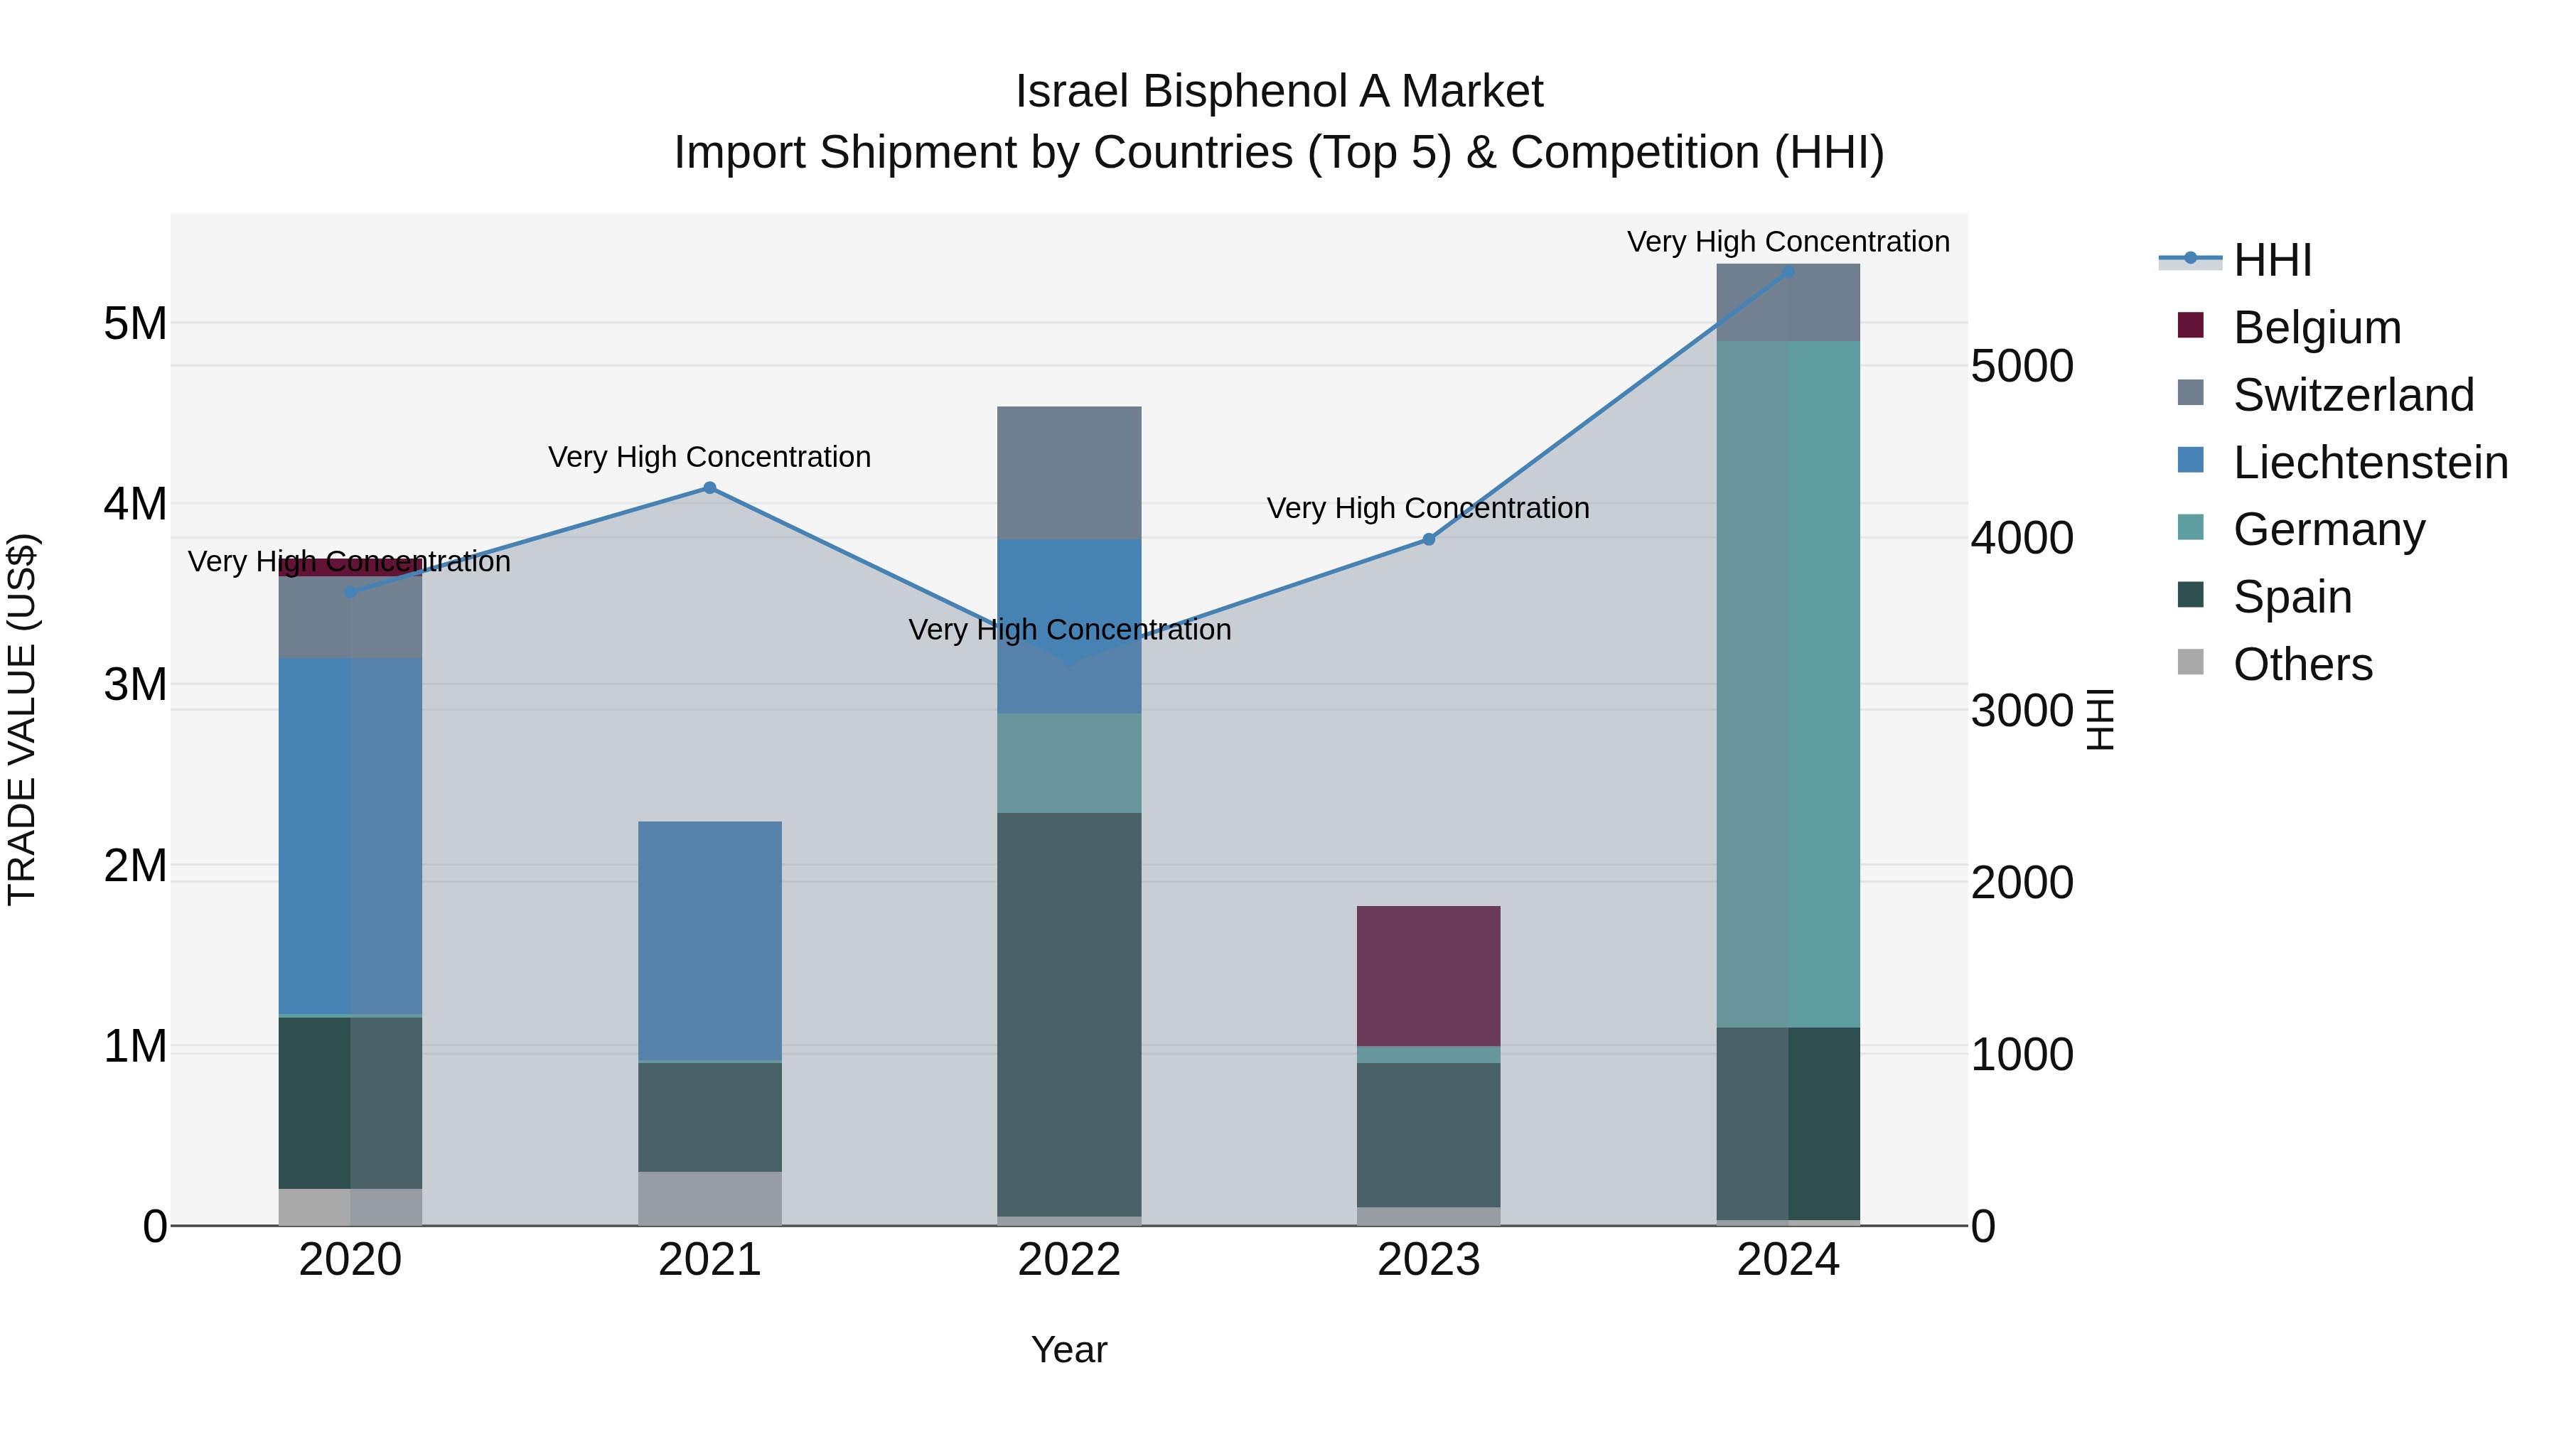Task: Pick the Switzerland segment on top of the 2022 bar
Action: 1069,473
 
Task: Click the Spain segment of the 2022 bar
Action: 1069,1013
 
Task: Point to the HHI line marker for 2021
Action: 709,487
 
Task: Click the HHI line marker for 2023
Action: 1429,539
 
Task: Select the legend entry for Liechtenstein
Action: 2369,463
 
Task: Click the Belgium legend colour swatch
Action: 2189,325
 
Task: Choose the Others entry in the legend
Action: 2302,664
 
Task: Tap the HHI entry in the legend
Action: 2272,260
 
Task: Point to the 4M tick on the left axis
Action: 135,504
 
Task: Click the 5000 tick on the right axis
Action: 2022,367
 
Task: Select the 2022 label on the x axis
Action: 1069,1260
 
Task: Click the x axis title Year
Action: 1069,1349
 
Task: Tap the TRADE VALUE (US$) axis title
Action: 22,719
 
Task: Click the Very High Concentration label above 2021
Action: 709,457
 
